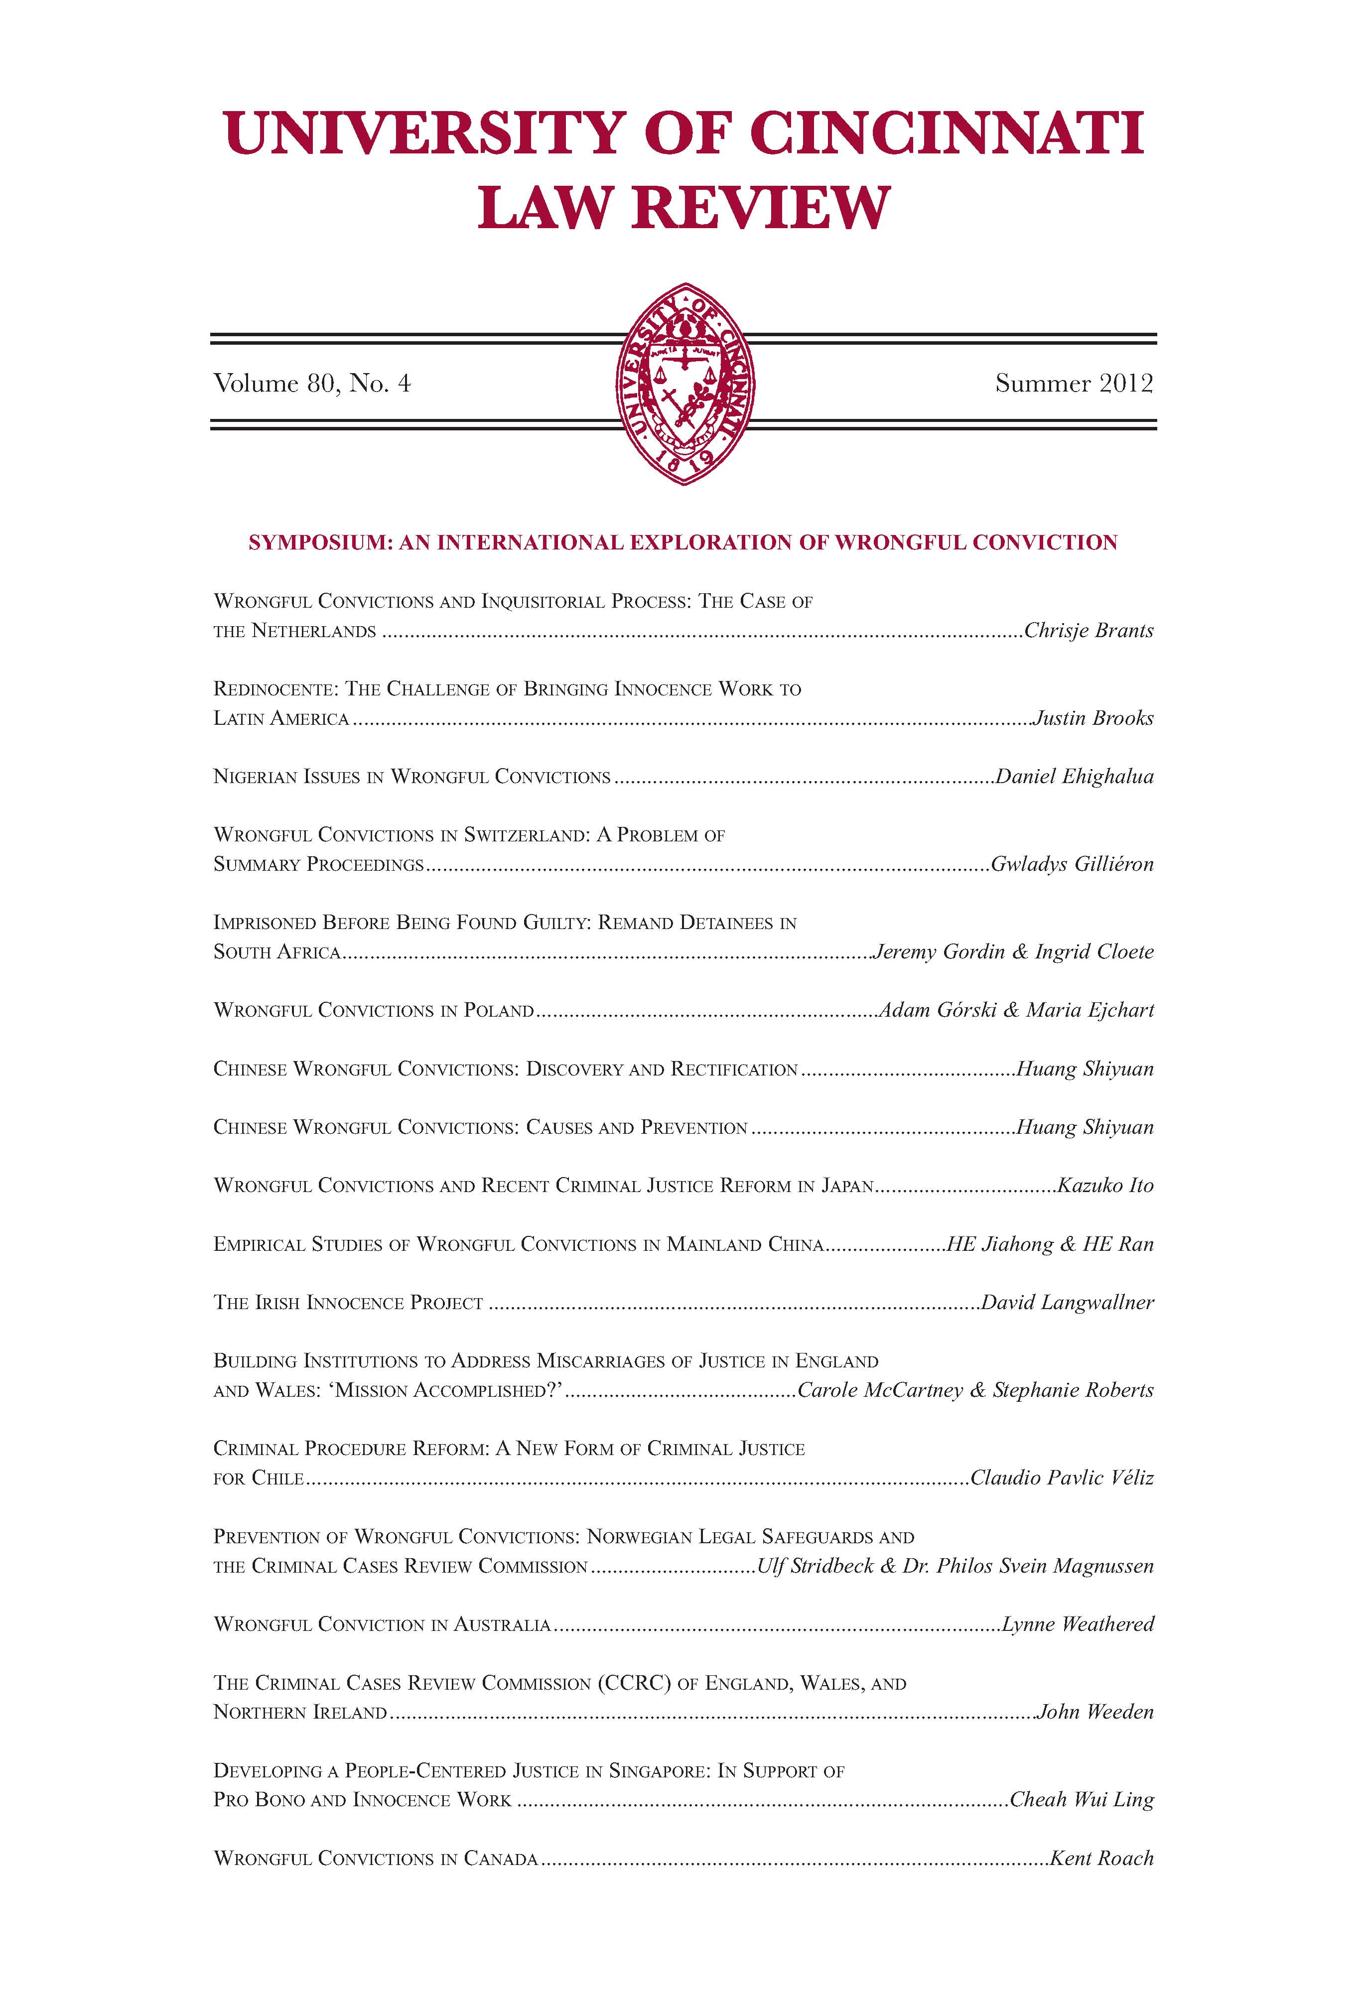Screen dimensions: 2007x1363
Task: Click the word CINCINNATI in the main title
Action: click(x=946, y=134)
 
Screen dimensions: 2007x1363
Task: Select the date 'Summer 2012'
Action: click(x=1074, y=383)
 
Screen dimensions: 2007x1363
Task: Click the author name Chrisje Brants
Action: click(x=1089, y=631)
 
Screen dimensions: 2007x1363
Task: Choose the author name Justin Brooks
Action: click(x=1093, y=718)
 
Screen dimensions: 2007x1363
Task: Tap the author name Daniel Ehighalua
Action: click(x=1075, y=777)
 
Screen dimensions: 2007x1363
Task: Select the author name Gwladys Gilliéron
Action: click(x=1072, y=864)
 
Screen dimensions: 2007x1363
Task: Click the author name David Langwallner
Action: click(x=1068, y=1302)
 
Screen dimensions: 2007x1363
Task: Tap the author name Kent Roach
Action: click(x=1101, y=1859)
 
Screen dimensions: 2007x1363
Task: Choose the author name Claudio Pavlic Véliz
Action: click(x=1062, y=1477)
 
